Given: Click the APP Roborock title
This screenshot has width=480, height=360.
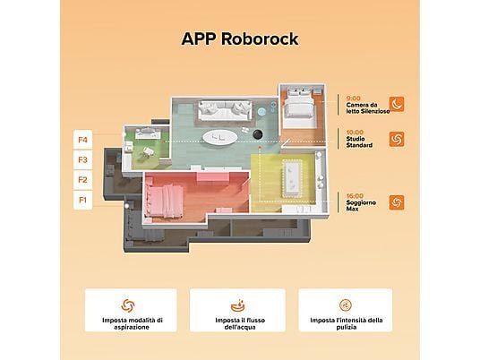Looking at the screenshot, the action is (240, 39).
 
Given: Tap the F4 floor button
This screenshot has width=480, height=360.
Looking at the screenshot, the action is (83, 140).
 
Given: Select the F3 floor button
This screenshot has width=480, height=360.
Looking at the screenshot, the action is (83, 159).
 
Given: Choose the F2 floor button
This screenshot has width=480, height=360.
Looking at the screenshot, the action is (83, 180).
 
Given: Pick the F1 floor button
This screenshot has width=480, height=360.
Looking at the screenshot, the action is (83, 200).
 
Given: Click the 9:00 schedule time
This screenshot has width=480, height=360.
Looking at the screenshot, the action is (353, 99).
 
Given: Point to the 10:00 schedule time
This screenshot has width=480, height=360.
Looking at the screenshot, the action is (355, 133).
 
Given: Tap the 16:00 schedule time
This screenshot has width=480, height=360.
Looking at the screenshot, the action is (355, 195).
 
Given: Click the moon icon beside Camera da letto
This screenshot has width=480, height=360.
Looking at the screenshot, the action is (397, 104).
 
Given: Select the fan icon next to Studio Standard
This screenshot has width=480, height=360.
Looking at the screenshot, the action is (397, 139).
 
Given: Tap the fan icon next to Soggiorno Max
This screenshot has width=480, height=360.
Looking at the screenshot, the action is (397, 202).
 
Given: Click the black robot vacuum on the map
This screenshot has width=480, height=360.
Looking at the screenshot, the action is (258, 133).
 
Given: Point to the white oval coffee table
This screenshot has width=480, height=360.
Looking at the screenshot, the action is (219, 137).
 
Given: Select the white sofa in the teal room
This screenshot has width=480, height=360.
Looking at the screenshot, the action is (225, 110).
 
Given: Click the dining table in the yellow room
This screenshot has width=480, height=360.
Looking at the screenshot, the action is (292, 178).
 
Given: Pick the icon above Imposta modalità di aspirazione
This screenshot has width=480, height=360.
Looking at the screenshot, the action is (128, 305).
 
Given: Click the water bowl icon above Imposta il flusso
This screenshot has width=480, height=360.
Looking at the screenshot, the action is (238, 305).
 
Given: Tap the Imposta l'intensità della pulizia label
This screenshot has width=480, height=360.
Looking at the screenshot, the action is (347, 323).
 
